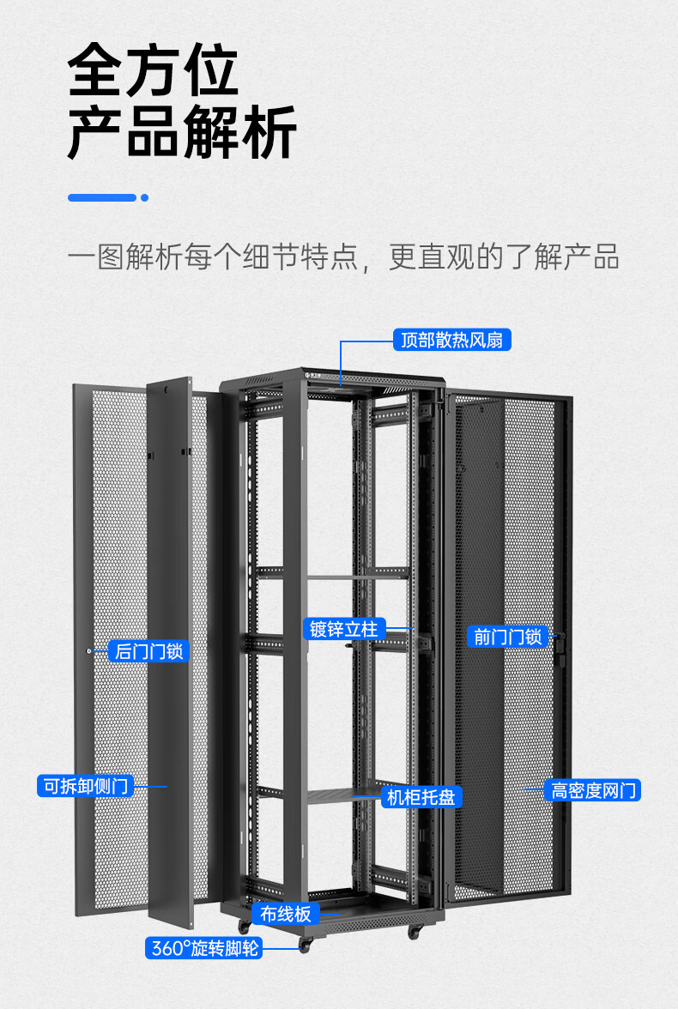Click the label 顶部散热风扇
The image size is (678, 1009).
point(452,340)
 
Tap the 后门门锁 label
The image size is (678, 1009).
point(148,651)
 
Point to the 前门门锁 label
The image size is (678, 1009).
point(507,637)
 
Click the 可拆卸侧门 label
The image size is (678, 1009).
point(85,785)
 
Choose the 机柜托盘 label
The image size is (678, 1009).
point(421,797)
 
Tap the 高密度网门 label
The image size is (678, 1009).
point(593,790)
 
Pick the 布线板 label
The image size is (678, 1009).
point(286,914)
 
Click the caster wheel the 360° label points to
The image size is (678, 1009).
point(304,946)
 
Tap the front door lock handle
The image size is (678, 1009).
point(560,648)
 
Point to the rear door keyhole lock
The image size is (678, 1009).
point(90,650)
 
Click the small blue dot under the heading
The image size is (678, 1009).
point(145,197)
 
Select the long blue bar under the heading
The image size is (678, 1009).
point(102,197)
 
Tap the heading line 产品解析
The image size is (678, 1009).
point(182,132)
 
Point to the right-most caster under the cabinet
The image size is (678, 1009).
point(415,932)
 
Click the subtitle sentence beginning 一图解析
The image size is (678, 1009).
point(343,257)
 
